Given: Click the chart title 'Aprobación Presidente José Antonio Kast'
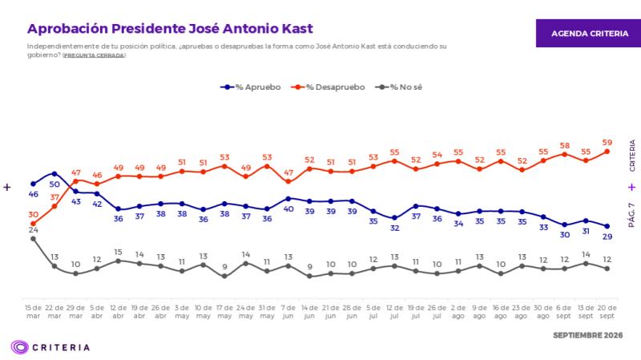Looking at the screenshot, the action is coord(170,29).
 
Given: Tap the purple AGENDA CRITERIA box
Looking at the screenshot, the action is coord(589,33).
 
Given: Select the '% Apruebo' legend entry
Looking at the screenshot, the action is coord(250,87).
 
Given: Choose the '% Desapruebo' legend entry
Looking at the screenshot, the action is coord(328,87).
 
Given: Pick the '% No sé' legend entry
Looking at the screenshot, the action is coord(398,87).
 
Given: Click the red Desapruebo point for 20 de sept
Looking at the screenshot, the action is coord(607,152).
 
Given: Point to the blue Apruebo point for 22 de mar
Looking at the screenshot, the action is coord(54,174).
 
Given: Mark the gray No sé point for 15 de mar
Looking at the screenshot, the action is coord(33,239).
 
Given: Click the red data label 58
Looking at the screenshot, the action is coord(565,146).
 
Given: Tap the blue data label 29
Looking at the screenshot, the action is coord(607,237).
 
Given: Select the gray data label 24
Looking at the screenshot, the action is coord(33,230).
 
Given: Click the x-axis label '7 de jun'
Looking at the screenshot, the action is coord(288,312).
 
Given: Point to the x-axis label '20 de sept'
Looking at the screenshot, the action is coord(607,312).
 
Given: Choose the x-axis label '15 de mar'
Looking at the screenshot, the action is coord(33,312).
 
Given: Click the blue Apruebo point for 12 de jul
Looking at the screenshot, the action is coord(394,218).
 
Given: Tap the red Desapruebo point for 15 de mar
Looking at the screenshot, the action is coord(33,224).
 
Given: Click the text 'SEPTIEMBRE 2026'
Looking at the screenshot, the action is coord(588,335).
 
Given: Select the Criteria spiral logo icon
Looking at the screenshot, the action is coord(19,347).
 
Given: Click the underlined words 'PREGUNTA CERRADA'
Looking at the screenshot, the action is coord(94,55).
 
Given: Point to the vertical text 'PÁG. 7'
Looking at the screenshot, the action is coord(631,215).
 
